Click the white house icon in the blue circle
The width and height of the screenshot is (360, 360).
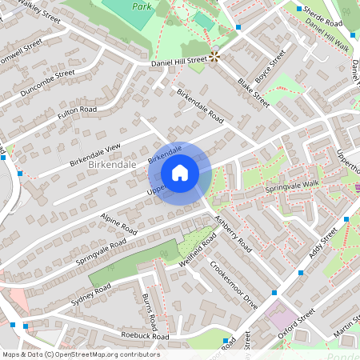(180, 173)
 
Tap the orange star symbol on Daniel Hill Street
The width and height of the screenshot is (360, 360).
(214, 56)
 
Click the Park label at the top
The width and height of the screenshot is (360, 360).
(142, 5)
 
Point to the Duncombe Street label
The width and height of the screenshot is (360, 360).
(48, 82)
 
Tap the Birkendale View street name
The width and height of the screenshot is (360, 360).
(94, 150)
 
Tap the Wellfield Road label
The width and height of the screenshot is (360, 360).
(197, 251)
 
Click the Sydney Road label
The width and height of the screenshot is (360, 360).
(90, 288)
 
